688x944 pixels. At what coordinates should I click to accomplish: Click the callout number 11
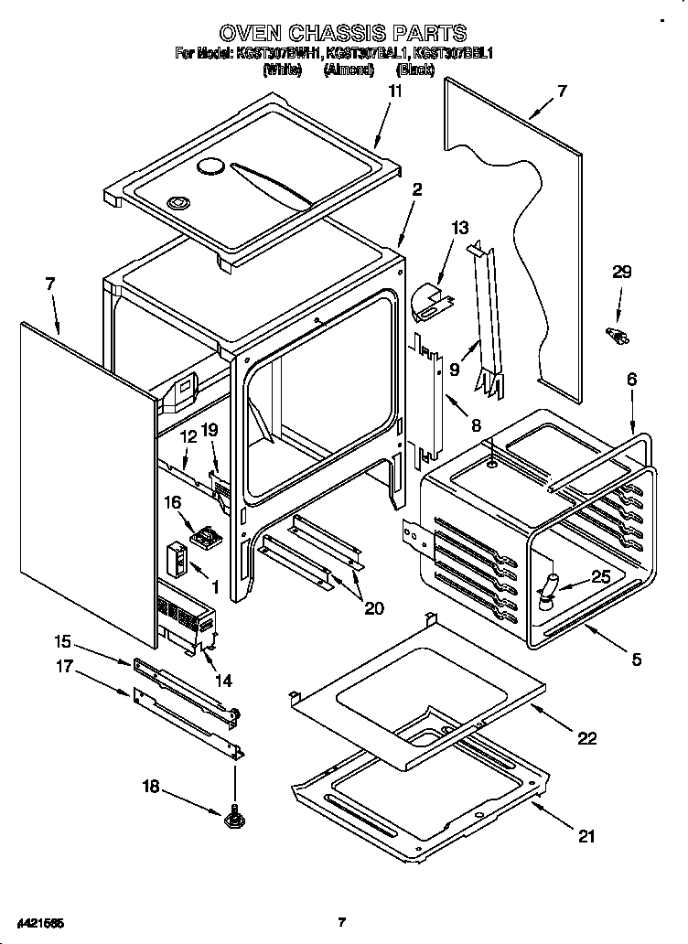394,91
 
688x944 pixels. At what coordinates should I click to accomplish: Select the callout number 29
621,272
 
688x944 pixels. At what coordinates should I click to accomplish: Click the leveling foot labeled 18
234,814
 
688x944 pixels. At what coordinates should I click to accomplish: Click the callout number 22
586,738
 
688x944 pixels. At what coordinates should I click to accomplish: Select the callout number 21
586,835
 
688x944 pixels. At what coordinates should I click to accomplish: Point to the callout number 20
373,608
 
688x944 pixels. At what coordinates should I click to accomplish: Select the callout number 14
222,680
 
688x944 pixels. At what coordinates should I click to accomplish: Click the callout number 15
61,641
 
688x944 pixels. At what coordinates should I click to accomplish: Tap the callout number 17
61,668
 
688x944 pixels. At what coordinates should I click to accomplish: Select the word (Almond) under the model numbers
348,70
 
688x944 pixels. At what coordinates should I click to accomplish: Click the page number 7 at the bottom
340,922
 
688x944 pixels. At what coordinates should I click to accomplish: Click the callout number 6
631,379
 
